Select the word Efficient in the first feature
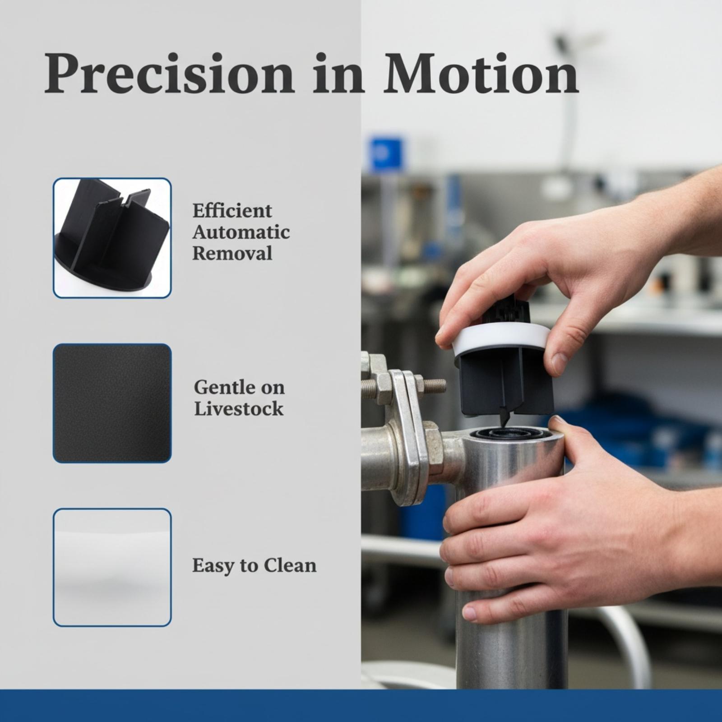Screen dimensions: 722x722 coord(232,211)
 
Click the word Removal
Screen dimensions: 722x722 coord(232,253)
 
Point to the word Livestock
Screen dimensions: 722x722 coord(239,409)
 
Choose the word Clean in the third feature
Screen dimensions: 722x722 coord(290,565)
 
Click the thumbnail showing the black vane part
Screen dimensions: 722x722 coord(112,238)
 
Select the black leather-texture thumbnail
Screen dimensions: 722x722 coord(112,403)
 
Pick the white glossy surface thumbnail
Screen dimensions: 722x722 coord(112,567)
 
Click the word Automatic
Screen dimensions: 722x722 coord(241,232)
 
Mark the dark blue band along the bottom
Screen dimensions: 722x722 coord(361,706)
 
